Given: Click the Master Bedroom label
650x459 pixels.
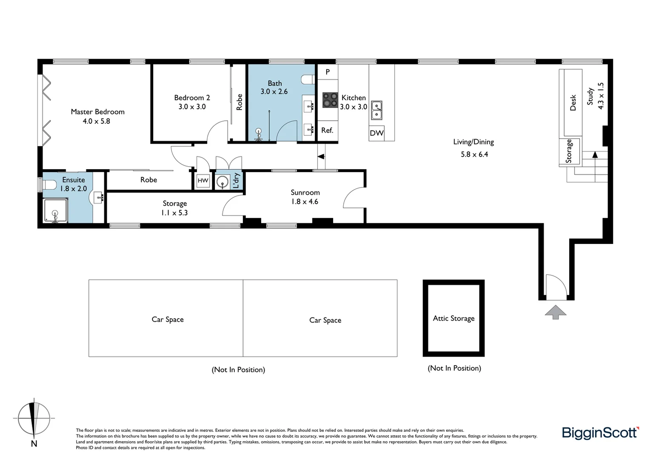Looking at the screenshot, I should pyautogui.click(x=97, y=112).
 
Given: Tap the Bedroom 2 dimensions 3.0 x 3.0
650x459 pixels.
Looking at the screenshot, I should pyautogui.click(x=192, y=107).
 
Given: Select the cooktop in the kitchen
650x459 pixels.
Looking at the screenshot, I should pyautogui.click(x=330, y=100).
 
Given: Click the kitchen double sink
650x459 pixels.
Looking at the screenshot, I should pyautogui.click(x=376, y=110).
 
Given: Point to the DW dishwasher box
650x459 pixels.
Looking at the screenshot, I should pyautogui.click(x=376, y=133).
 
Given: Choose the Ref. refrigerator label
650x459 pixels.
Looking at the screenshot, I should pyautogui.click(x=327, y=130).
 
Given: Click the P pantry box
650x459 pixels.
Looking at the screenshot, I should pyautogui.click(x=328, y=72).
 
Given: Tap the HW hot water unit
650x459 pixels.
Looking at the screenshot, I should pyautogui.click(x=203, y=181).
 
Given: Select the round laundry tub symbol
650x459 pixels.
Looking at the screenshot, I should pyautogui.click(x=222, y=182).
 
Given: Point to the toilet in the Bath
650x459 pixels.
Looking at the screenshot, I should pyautogui.click(x=308, y=79).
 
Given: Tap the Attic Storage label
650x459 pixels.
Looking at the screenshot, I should pyautogui.click(x=453, y=318).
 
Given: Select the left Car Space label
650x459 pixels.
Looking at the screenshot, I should pyautogui.click(x=168, y=320).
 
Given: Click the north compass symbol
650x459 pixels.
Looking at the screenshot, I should pyautogui.click(x=34, y=419).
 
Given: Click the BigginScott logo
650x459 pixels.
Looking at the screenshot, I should pyautogui.click(x=600, y=433).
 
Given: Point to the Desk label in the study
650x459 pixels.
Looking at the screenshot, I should pyautogui.click(x=573, y=102).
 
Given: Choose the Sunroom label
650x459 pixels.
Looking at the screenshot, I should pyautogui.click(x=305, y=193).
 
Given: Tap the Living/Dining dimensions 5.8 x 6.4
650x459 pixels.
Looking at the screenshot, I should pyautogui.click(x=474, y=154).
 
